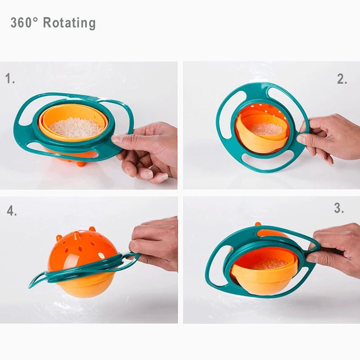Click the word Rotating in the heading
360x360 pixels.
69,23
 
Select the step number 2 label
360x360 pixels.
342,80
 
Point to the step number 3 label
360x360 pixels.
339,208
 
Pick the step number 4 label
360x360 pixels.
12,211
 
